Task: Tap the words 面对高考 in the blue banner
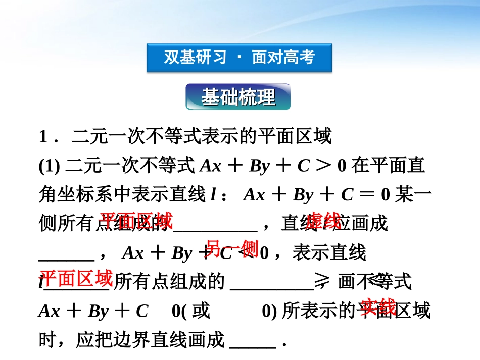[x=283, y=58]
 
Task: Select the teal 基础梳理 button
[x=238, y=97]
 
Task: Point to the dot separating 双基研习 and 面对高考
[x=239, y=58]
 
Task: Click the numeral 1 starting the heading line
[x=43, y=137]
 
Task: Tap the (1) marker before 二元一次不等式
[x=50, y=166]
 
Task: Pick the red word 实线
[x=378, y=306]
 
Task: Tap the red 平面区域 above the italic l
[x=76, y=278]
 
